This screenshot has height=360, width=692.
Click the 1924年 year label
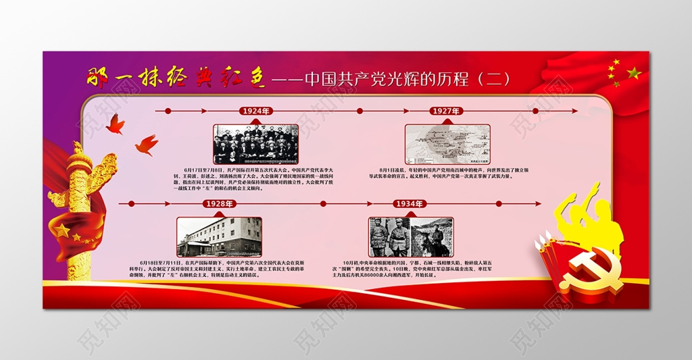255,110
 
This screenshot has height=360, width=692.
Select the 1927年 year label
446,110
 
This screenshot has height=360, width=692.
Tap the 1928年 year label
219,203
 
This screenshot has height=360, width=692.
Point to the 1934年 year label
410,203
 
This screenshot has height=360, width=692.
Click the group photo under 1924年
255,143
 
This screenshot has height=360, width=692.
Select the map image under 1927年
447,143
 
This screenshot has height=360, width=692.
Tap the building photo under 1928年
219,236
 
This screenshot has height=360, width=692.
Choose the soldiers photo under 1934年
410,236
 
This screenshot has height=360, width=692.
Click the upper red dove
115,123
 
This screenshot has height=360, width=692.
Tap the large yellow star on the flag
633,72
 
